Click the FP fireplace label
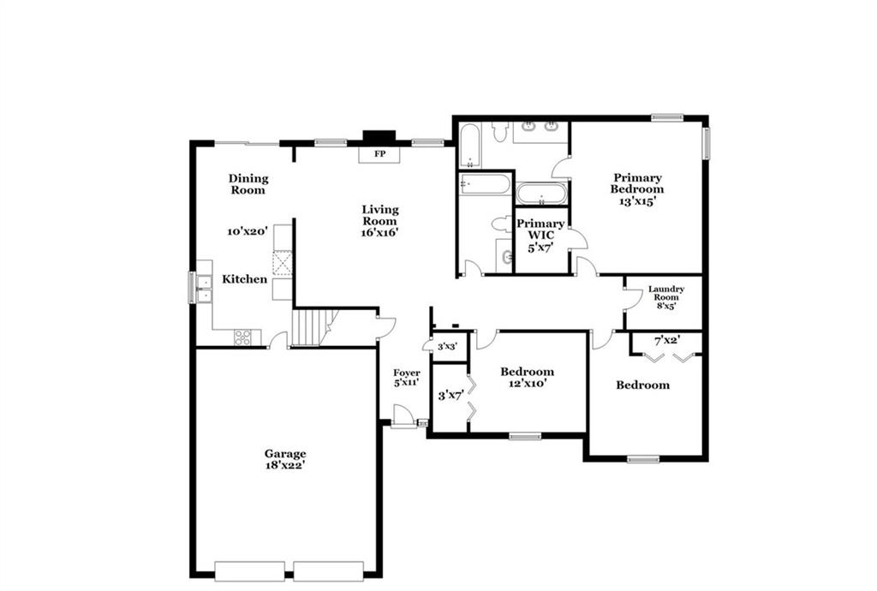coord(379,154)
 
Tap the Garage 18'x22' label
coord(285,459)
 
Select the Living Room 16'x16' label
coord(379,221)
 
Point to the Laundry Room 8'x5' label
coord(666,297)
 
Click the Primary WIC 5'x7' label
coord(540,236)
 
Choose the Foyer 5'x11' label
coord(407,378)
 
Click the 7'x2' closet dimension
coord(666,340)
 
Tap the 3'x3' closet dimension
coord(447,347)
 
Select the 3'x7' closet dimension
coord(450,396)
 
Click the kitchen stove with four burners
coord(242,337)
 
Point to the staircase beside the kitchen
coord(311,327)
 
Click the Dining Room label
coord(248,184)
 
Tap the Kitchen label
coord(244,279)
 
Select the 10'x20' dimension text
coord(248,231)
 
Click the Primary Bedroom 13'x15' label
coord(637,189)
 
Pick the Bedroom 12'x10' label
coord(528,378)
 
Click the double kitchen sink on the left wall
coord(204,288)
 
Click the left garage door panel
coord(249,570)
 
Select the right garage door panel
coord(328,570)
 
